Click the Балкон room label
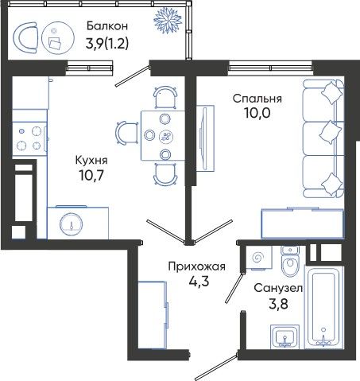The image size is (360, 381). pyautogui.click(x=107, y=26)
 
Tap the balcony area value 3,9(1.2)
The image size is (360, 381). pyautogui.click(x=107, y=43)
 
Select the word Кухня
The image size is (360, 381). pyautogui.click(x=91, y=161)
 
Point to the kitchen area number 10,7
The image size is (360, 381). pyautogui.click(x=91, y=175)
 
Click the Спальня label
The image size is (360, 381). pyautogui.click(x=257, y=99)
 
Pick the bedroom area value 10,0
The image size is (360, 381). pyautogui.click(x=257, y=113)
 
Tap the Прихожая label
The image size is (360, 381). pyautogui.click(x=197, y=266)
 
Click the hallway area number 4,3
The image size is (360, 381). pyautogui.click(x=199, y=281)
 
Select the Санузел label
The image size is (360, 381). pyautogui.click(x=278, y=288)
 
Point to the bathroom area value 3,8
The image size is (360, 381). pyautogui.click(x=278, y=304)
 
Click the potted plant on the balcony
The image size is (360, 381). pyautogui.click(x=168, y=21)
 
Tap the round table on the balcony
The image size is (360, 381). pyautogui.click(x=58, y=38)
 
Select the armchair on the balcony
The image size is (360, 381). pyautogui.click(x=25, y=37)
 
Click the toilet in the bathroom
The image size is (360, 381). pyautogui.click(x=290, y=262)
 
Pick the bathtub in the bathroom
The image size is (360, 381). pyautogui.click(x=323, y=307)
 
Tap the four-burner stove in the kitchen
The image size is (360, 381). pyautogui.click(x=29, y=138)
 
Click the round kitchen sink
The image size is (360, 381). pyautogui.click(x=71, y=224)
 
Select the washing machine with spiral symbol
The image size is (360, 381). pyautogui.click(x=259, y=258)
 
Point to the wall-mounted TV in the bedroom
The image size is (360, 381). pyautogui.click(x=204, y=138)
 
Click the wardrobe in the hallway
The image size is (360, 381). pyautogui.click(x=153, y=315)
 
